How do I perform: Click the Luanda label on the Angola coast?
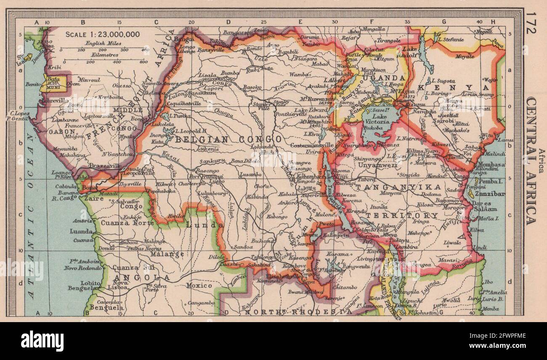click(x=81, y=231)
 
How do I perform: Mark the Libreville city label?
click(x=54, y=101)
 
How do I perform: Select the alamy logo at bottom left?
click(x=42, y=341)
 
